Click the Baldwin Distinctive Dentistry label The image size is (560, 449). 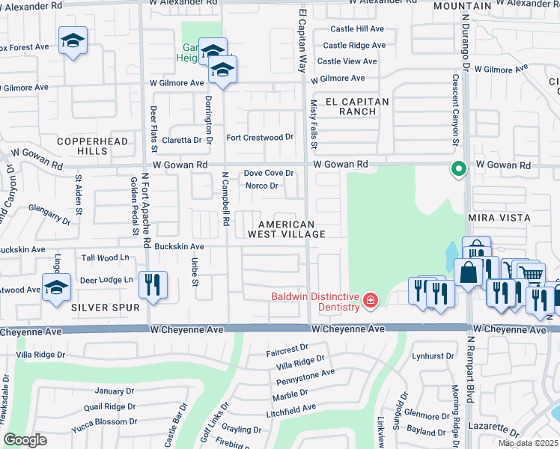(x=315, y=302)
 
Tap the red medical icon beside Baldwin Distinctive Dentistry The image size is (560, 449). (x=370, y=302)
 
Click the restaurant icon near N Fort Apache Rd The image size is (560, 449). (x=153, y=285)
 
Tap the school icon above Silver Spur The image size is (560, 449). (x=56, y=288)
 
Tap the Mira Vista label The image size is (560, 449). (x=499, y=218)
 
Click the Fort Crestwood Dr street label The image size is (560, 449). (x=260, y=138)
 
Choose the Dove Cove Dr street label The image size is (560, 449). (x=269, y=174)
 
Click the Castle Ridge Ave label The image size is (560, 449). (x=354, y=46)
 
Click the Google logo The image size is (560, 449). (x=25, y=440)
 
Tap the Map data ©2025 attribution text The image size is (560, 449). (x=527, y=443)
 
